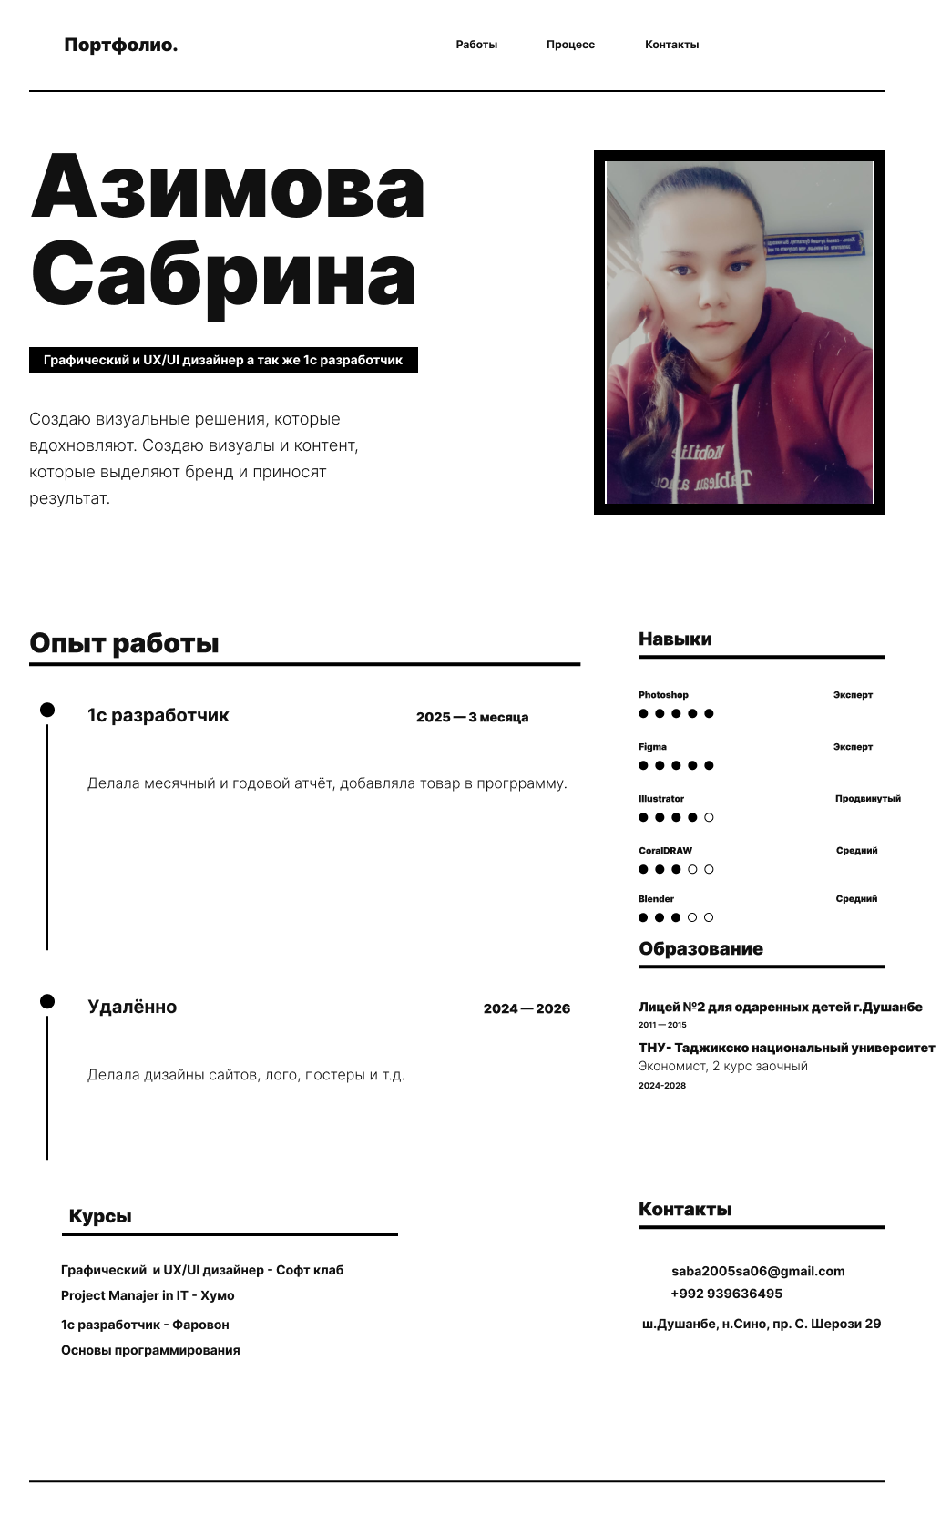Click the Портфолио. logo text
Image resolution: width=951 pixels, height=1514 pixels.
click(x=120, y=46)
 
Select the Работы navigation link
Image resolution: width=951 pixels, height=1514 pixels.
click(x=476, y=45)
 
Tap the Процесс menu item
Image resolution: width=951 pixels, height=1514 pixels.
click(x=570, y=45)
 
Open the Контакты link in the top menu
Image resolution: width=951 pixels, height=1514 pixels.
click(x=671, y=45)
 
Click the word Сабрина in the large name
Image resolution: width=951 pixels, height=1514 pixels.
click(x=224, y=274)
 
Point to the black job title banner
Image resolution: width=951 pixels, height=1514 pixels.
click(x=223, y=360)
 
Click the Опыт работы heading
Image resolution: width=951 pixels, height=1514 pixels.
click(x=124, y=643)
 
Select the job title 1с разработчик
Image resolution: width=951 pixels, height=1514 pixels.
click(x=158, y=715)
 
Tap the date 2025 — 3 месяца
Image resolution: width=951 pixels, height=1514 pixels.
click(x=472, y=718)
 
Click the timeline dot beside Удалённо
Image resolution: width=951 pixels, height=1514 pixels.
click(x=47, y=1001)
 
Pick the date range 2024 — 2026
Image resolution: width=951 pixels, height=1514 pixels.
click(x=527, y=1008)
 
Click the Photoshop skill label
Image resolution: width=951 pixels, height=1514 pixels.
click(x=663, y=695)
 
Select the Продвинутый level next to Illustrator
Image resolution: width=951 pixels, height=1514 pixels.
click(x=867, y=799)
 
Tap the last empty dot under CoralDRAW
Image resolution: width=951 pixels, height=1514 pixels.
click(x=709, y=869)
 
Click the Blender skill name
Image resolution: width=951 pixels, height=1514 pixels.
click(x=656, y=899)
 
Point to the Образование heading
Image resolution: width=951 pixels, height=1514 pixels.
click(x=700, y=949)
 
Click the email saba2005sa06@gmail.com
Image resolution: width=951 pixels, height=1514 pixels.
click(x=758, y=1271)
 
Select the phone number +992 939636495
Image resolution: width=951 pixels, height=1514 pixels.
click(x=726, y=1294)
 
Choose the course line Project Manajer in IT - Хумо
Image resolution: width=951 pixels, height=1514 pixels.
click(x=148, y=1295)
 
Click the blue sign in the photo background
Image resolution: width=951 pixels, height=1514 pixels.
click(x=813, y=244)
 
